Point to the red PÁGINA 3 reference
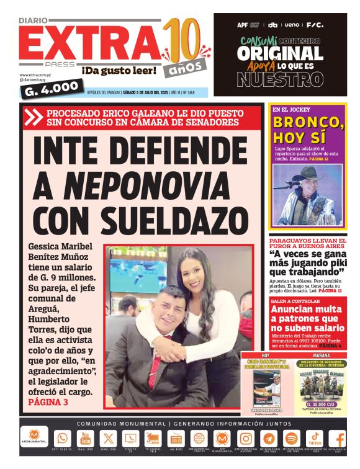coord(48,403)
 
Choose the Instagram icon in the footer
coord(246,438)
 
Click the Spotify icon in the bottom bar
coord(291,438)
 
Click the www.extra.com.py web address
coord(35,75)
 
